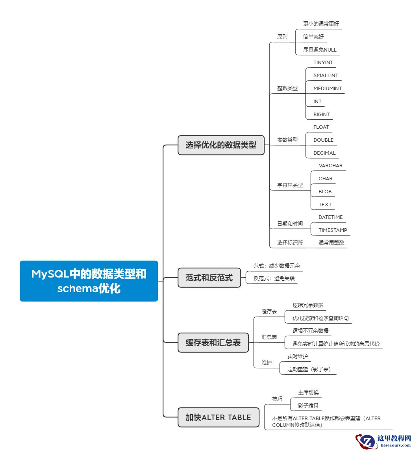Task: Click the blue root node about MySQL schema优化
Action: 89,281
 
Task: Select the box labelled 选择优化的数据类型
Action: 221,145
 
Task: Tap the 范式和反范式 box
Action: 209,278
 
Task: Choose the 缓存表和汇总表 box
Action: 213,343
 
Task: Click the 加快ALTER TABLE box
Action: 218,417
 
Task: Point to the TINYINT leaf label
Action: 323,62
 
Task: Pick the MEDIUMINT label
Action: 328,88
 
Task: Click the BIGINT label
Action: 322,114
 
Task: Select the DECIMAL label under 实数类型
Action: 324,153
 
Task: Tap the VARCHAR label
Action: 330,165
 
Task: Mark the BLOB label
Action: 325,191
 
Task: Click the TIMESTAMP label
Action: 333,230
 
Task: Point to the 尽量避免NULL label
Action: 320,50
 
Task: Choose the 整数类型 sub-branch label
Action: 287,88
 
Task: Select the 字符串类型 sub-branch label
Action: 290,185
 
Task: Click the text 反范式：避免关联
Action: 274,278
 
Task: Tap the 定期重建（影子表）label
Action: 309,369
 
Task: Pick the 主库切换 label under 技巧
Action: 308,393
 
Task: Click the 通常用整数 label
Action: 331,243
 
